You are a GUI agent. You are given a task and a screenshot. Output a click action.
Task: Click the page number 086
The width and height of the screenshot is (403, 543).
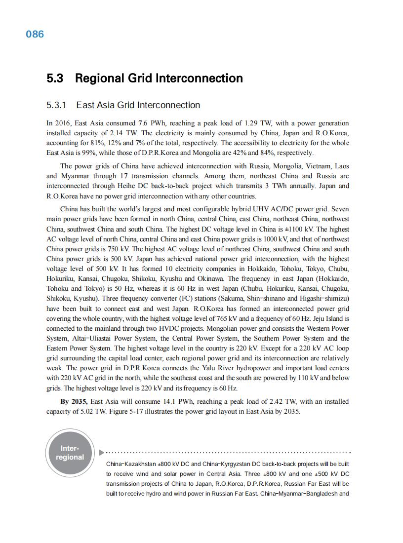35,34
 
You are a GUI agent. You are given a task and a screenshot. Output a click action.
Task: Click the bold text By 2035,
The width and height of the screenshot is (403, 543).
74,402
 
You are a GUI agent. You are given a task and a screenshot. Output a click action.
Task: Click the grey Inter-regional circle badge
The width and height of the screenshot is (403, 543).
70,453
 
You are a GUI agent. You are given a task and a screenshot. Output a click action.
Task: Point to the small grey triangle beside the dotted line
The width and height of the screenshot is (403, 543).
101,452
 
